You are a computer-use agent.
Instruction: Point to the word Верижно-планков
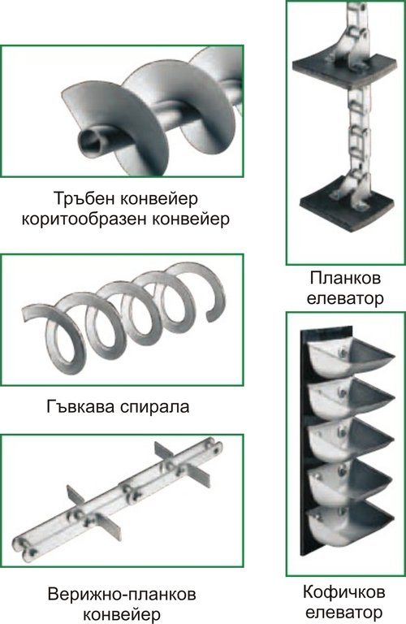tap(122, 595)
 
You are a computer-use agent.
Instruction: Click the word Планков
tap(345, 277)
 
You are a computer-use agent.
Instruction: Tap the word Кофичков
tap(344, 591)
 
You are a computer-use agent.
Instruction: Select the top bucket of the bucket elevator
tap(351, 355)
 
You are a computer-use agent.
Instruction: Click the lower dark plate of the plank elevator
tap(347, 204)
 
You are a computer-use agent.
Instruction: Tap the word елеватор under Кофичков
tap(344, 612)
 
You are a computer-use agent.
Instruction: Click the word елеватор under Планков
tap(345, 297)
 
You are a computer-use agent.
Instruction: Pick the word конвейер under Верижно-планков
tap(123, 615)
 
